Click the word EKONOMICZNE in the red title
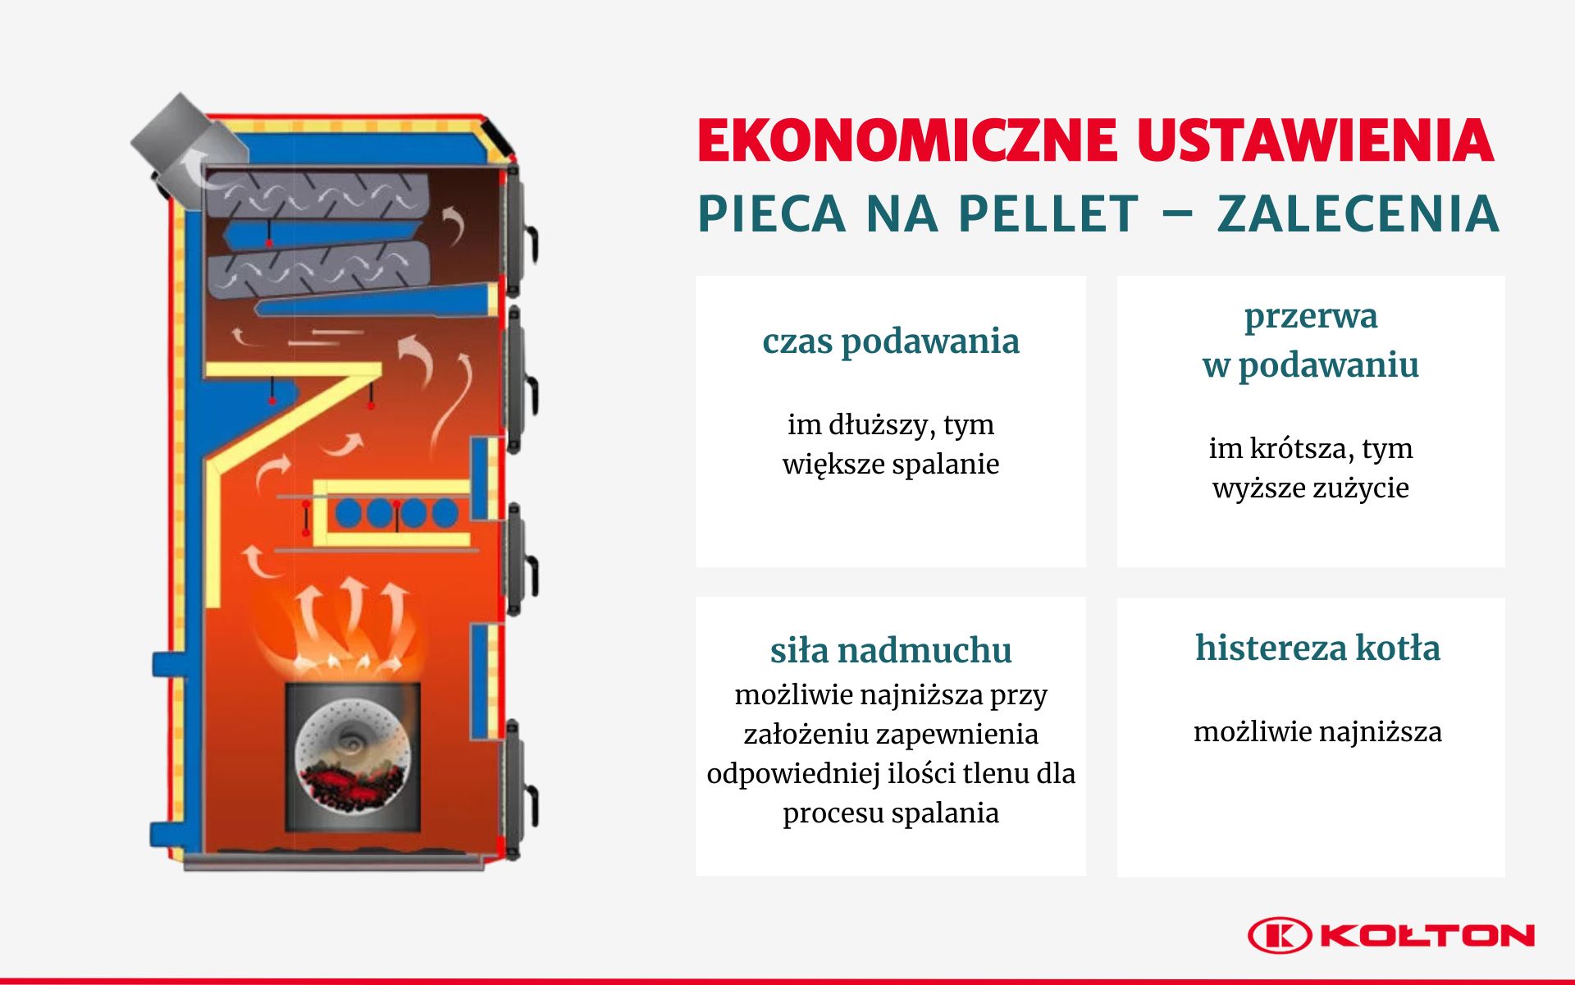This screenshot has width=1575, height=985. tap(907, 140)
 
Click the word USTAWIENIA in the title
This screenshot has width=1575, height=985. tap(1316, 140)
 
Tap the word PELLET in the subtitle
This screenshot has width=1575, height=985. tap(1048, 214)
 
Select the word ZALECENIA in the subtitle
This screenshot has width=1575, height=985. tap(1358, 214)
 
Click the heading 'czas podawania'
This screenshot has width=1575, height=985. tap(891, 341)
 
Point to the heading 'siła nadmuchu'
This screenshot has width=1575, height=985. tap(891, 650)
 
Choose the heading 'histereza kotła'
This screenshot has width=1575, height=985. tap(1317, 648)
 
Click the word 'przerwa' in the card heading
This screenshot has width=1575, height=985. tap(1311, 317)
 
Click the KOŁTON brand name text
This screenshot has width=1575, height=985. tap(1428, 936)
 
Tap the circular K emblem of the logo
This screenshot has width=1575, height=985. tap(1280, 936)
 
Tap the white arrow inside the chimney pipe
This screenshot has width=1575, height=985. tap(194, 168)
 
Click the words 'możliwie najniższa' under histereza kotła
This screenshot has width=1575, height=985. tap(1317, 731)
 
